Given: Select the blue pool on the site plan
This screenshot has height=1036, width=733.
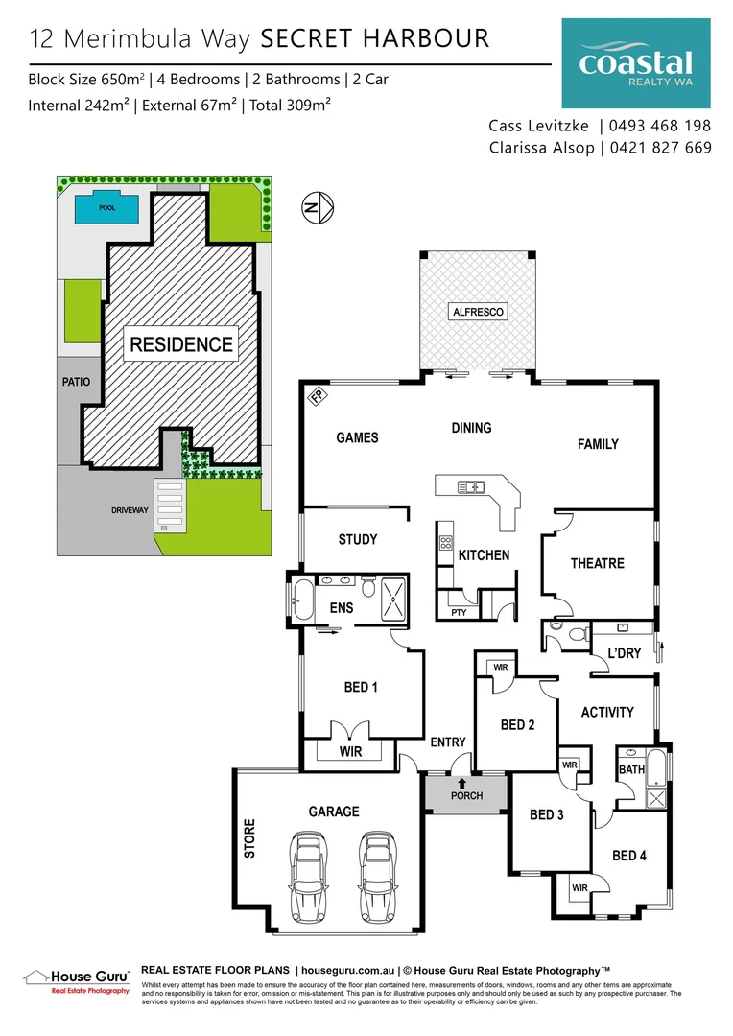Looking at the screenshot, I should tap(106, 206).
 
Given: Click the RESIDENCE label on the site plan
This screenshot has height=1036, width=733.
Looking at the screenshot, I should tap(181, 344).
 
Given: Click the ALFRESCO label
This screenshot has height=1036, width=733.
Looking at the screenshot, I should tap(479, 312).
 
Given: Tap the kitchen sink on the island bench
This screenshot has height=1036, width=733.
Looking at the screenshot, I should tap(470, 486).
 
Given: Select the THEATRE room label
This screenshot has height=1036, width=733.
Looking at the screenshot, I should tap(597, 563).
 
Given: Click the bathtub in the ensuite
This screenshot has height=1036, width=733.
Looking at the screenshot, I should tap(302, 600).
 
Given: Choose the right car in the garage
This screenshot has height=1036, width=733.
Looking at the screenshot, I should tap(377, 874).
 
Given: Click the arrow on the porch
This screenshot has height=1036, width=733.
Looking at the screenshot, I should tap(461, 783).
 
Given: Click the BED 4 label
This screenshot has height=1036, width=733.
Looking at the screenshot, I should tap(628, 855).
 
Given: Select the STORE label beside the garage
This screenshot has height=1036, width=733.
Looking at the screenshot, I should tap(249, 837).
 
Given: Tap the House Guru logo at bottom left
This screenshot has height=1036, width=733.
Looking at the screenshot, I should tap(77, 978).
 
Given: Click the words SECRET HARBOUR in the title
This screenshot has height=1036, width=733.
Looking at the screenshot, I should tap(375, 38).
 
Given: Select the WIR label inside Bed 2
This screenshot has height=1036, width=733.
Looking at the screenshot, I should tap(499, 667).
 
